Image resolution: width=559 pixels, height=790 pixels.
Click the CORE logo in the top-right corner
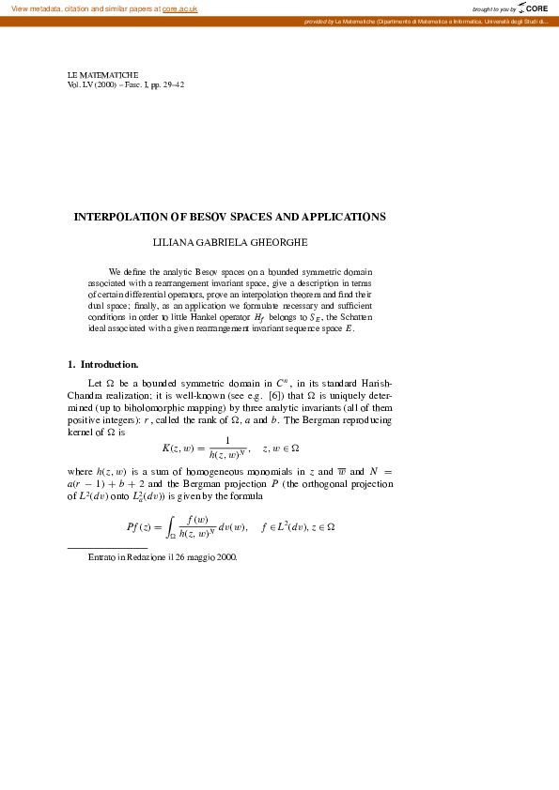[533, 8]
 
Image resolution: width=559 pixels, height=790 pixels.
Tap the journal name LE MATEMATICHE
[102, 74]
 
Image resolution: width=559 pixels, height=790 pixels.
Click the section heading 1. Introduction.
[103, 364]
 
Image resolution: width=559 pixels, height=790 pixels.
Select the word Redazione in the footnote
[136, 557]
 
